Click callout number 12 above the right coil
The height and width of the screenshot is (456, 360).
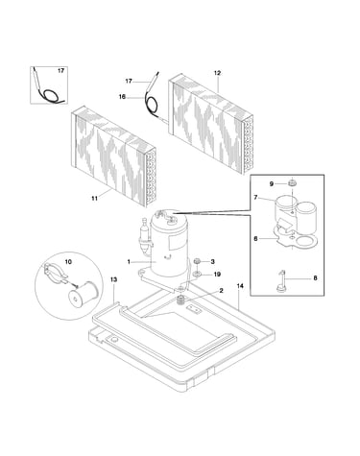point(217,73)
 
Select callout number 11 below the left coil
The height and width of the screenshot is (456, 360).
point(94,199)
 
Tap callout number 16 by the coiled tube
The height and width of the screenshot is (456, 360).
point(122,96)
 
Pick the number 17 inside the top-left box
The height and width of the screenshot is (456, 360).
point(60,70)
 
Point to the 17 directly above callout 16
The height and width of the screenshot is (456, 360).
point(129,82)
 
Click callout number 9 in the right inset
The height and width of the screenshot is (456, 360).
point(272,183)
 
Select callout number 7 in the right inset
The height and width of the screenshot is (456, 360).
point(255,198)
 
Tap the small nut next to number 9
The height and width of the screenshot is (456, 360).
point(291,183)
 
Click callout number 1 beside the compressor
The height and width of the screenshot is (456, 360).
point(129,262)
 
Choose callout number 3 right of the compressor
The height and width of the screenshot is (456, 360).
point(213,262)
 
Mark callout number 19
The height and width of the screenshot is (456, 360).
point(217,275)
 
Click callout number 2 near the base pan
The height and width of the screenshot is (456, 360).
point(221,291)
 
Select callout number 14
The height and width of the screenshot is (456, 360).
point(240,286)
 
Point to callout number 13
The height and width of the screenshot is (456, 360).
point(113,279)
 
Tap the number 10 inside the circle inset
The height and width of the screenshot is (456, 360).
point(68,262)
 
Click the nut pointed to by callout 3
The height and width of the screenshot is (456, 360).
point(197,262)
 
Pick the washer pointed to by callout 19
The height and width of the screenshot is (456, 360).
point(197,274)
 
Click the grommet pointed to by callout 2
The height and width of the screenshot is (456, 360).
point(181,300)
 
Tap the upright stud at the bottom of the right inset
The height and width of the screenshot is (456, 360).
point(281,281)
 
